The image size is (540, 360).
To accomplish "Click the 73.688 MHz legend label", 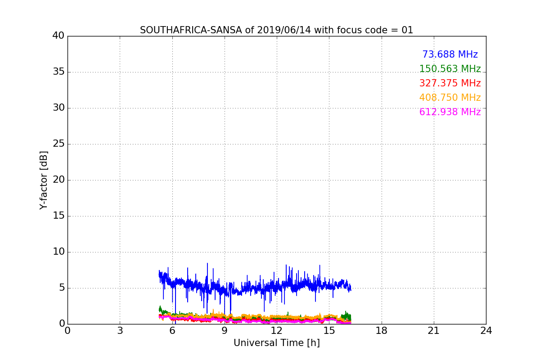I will (450, 55).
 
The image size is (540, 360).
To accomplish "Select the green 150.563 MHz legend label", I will (450, 69).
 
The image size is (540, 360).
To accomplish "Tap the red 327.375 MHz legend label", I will (450, 84).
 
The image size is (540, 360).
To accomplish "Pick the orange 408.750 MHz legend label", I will (450, 98).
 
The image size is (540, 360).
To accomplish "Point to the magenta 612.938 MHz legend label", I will (450, 112).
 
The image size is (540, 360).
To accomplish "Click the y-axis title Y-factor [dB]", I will (44, 180).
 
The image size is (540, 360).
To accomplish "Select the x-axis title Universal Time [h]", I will (276, 343).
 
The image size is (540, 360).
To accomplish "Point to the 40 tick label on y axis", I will (58, 36).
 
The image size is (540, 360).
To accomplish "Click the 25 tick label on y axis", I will (58, 144).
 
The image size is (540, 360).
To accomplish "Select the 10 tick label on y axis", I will (58, 252).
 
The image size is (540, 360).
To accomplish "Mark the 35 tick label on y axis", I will (58, 72).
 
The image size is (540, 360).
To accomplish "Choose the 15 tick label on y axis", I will (58, 216).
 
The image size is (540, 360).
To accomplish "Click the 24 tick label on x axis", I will (486, 331).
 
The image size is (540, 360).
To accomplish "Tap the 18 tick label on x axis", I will (382, 331).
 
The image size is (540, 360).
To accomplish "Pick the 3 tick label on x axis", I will (120, 331).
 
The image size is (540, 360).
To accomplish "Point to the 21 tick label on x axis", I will (434, 331).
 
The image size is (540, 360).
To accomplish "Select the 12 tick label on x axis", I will (277, 331).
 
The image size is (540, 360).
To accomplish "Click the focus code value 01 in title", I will (407, 30).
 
